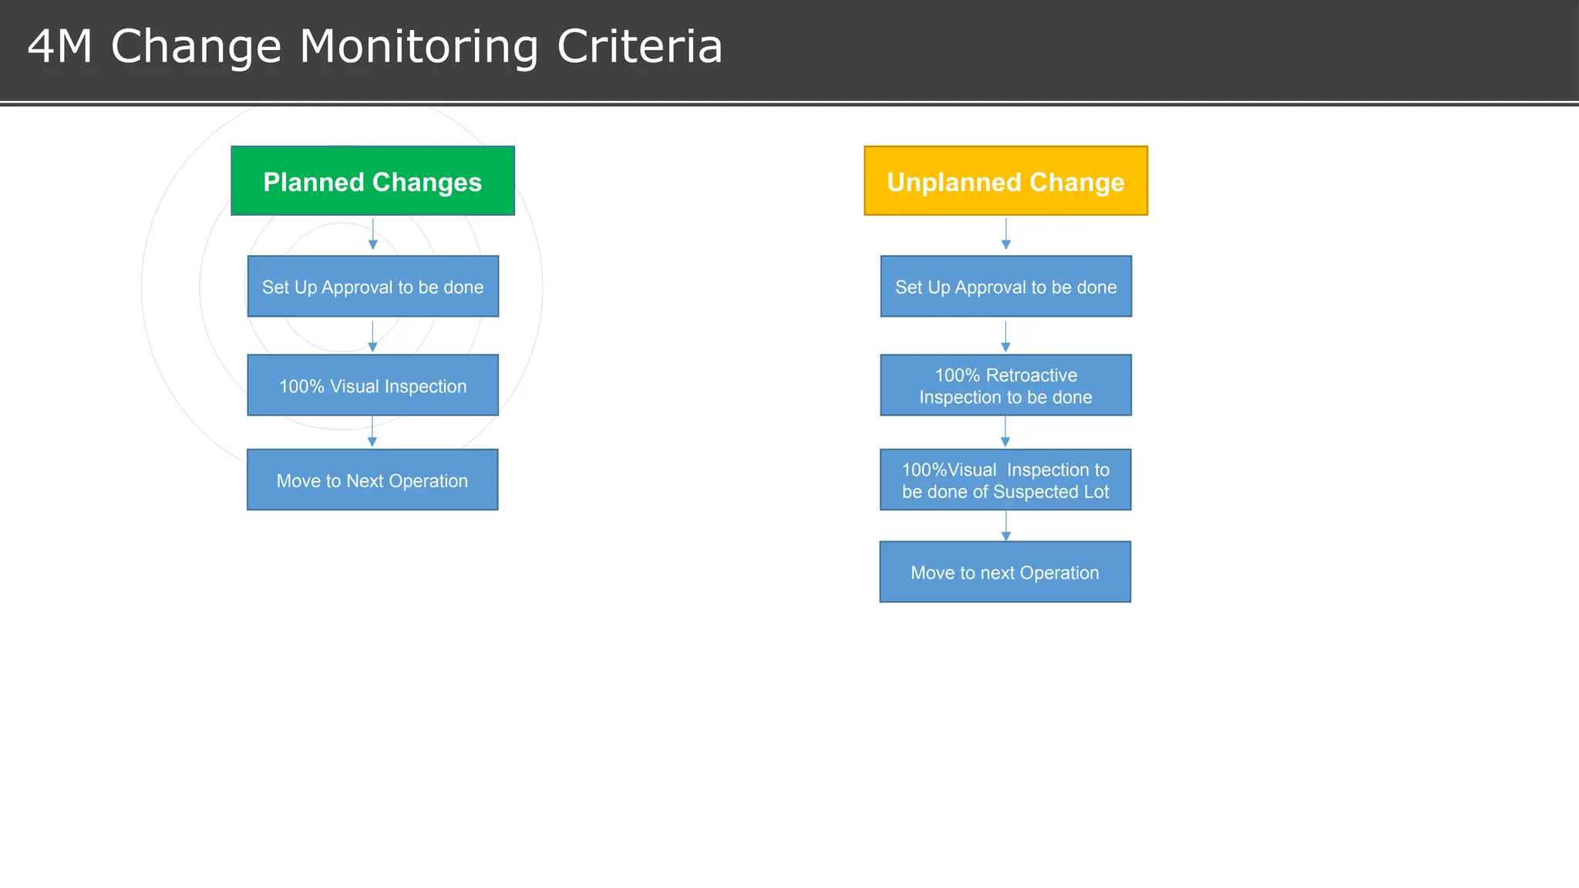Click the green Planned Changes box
(x=372, y=181)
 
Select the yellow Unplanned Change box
(x=1005, y=181)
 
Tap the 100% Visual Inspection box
(x=372, y=385)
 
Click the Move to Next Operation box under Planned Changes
(x=372, y=479)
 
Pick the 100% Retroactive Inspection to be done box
(x=1005, y=385)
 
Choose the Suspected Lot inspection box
(x=1005, y=479)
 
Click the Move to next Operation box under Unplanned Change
(x=1005, y=572)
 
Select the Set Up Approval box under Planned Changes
(x=372, y=287)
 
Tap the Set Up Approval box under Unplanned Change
(x=1005, y=287)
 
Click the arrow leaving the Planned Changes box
(x=373, y=234)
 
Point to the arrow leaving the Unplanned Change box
(x=1005, y=234)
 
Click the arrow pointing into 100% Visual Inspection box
(x=372, y=337)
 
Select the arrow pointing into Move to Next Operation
(x=372, y=432)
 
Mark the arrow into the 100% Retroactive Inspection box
(x=1005, y=337)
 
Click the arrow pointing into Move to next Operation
(x=1005, y=526)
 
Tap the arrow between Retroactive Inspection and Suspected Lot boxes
(x=1005, y=432)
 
